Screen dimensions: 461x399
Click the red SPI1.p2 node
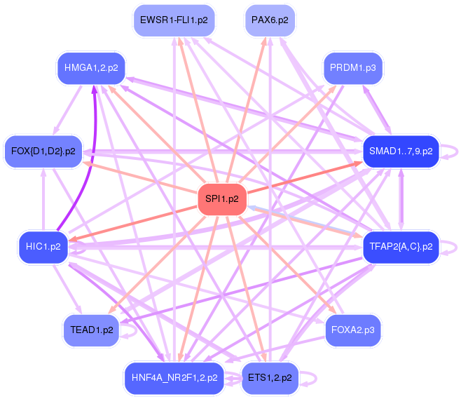click(222, 199)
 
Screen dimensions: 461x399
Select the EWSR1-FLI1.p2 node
click(174, 20)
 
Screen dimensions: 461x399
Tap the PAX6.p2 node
click(270, 20)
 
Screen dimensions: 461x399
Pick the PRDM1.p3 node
click(353, 68)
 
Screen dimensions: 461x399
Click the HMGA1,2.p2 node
click(90, 68)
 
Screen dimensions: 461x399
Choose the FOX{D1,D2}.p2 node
click(43, 150)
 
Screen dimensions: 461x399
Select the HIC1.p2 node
click(43, 246)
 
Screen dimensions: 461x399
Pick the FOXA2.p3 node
click(353, 328)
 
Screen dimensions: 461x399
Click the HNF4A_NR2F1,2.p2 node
click(174, 377)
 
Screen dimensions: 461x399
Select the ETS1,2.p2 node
click(270, 377)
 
